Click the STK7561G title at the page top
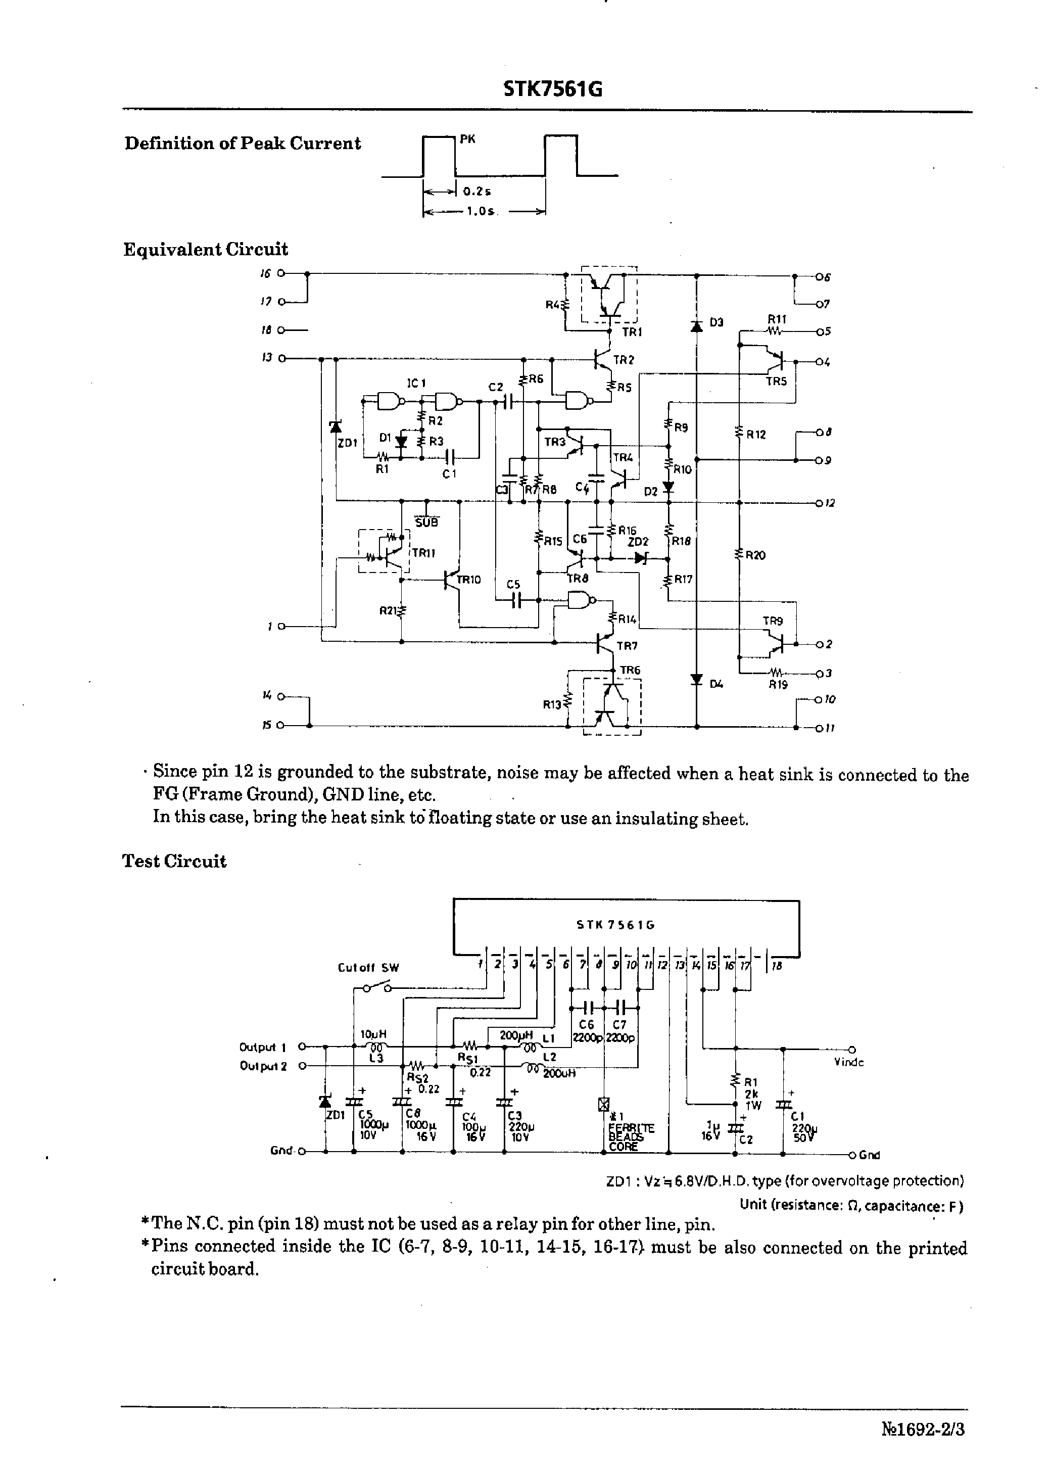553,89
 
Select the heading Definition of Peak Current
243,144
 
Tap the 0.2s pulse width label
477,192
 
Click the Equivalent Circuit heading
206,250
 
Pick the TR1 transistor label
632,332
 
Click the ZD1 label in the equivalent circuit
348,443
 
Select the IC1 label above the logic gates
416,383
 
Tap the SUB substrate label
426,522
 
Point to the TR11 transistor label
424,553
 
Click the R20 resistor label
755,555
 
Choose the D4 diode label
716,683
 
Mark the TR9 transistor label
773,621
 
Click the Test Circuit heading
175,861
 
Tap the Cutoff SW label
368,968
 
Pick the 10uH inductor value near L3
373,1035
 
